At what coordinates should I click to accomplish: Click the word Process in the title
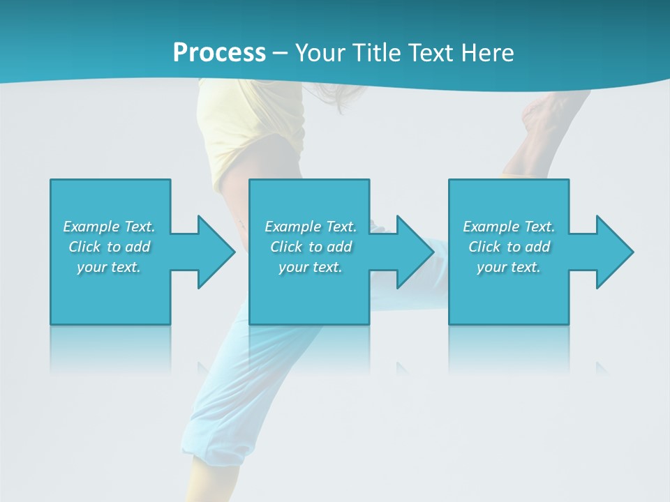pos(219,52)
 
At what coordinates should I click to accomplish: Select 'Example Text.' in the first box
pos(110,227)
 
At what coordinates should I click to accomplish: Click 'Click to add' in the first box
pos(110,247)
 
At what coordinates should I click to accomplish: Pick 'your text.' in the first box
pos(110,267)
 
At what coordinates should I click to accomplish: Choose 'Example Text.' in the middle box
pos(311,227)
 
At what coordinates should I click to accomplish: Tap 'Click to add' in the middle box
pos(311,247)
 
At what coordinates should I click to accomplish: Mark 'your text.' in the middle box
pos(311,267)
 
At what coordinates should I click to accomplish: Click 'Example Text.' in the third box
pos(509,227)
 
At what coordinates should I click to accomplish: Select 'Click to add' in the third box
pos(509,247)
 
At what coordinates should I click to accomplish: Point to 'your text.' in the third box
pos(509,267)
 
